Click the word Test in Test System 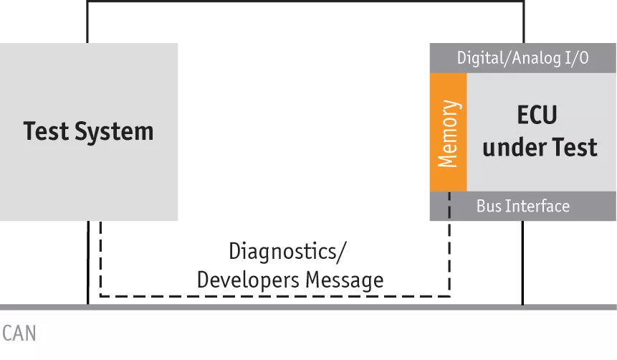47,131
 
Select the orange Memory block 448,132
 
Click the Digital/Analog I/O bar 522,58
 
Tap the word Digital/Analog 501,58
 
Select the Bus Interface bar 522,207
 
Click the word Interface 537,207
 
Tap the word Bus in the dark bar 487,207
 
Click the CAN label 19,333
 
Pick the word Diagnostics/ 287,252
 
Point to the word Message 344,280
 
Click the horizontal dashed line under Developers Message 272,295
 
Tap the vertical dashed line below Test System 100,258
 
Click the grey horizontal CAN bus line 308,307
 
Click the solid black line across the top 305,1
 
